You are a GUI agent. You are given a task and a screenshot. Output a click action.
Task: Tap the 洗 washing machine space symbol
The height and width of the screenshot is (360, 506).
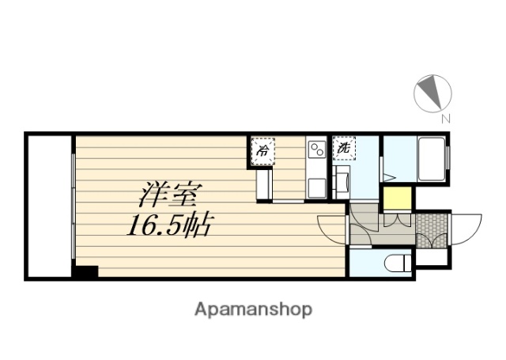tap(344, 148)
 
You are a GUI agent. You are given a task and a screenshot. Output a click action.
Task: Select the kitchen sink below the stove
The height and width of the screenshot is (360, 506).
tap(316, 187)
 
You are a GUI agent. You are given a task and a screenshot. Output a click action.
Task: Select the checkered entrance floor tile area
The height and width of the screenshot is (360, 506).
tap(431, 228)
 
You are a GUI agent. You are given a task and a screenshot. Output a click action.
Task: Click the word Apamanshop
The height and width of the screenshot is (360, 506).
tap(253, 309)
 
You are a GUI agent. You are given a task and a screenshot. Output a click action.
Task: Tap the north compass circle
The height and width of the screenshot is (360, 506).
tap(431, 92)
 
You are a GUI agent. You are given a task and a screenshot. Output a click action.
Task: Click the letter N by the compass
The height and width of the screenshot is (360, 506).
tap(445, 119)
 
